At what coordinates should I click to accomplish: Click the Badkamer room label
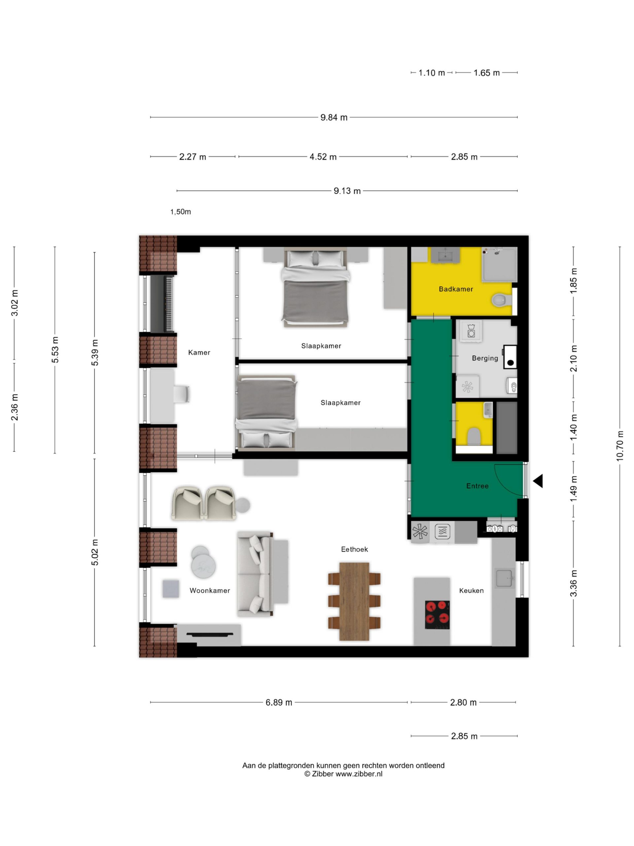456,289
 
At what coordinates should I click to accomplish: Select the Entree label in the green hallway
477,486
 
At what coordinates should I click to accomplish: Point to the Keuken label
471,591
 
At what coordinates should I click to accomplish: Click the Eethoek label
354,549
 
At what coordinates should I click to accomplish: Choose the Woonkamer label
210,591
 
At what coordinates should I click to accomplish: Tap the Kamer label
199,353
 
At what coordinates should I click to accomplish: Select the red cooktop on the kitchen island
437,615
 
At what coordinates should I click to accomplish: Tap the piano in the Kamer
162,304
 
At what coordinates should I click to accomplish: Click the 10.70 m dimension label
619,446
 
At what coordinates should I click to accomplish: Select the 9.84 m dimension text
334,117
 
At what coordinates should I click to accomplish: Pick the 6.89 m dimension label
279,703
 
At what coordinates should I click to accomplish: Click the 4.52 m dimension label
323,157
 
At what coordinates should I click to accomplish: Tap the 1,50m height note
180,212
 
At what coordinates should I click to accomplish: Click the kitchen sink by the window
505,578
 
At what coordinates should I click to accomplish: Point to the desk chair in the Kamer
182,394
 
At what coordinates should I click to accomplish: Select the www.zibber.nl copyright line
343,774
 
